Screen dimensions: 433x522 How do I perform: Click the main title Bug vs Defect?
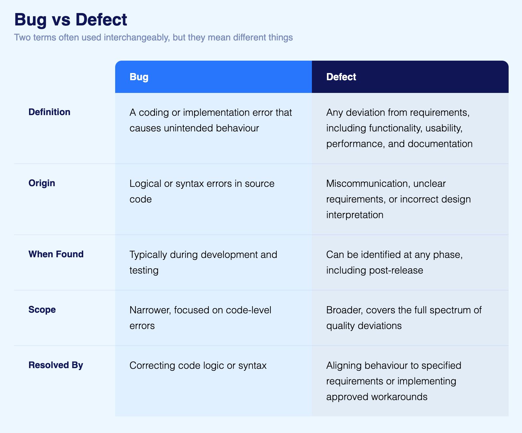(x=70, y=20)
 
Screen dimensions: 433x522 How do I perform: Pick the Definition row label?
(x=49, y=112)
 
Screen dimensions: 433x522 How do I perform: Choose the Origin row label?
(x=42, y=183)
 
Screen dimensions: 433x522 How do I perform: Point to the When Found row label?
(x=56, y=254)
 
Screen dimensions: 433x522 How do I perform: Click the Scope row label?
(x=42, y=310)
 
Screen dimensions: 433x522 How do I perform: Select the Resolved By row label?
(x=56, y=365)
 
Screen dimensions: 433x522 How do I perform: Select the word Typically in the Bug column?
(x=148, y=255)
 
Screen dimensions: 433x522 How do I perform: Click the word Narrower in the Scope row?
(x=150, y=310)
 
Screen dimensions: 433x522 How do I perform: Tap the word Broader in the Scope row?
(x=345, y=310)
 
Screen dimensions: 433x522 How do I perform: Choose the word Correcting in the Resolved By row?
(x=152, y=366)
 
